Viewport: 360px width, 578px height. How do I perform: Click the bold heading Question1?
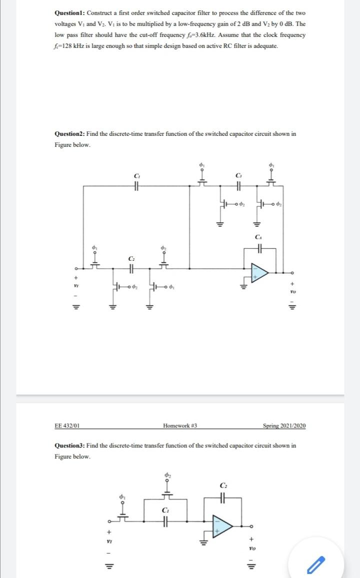[70, 12]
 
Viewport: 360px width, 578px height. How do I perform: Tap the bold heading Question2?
[70, 134]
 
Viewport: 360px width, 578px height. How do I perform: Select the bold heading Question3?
[70, 446]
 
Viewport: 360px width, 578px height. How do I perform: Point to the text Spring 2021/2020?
[284, 426]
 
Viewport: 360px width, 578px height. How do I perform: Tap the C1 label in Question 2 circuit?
[137, 175]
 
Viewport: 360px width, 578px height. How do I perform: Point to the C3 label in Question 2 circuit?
[238, 175]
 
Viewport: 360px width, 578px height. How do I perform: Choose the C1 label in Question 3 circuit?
[165, 510]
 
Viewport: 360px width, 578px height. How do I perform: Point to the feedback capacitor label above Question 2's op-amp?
[258, 236]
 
